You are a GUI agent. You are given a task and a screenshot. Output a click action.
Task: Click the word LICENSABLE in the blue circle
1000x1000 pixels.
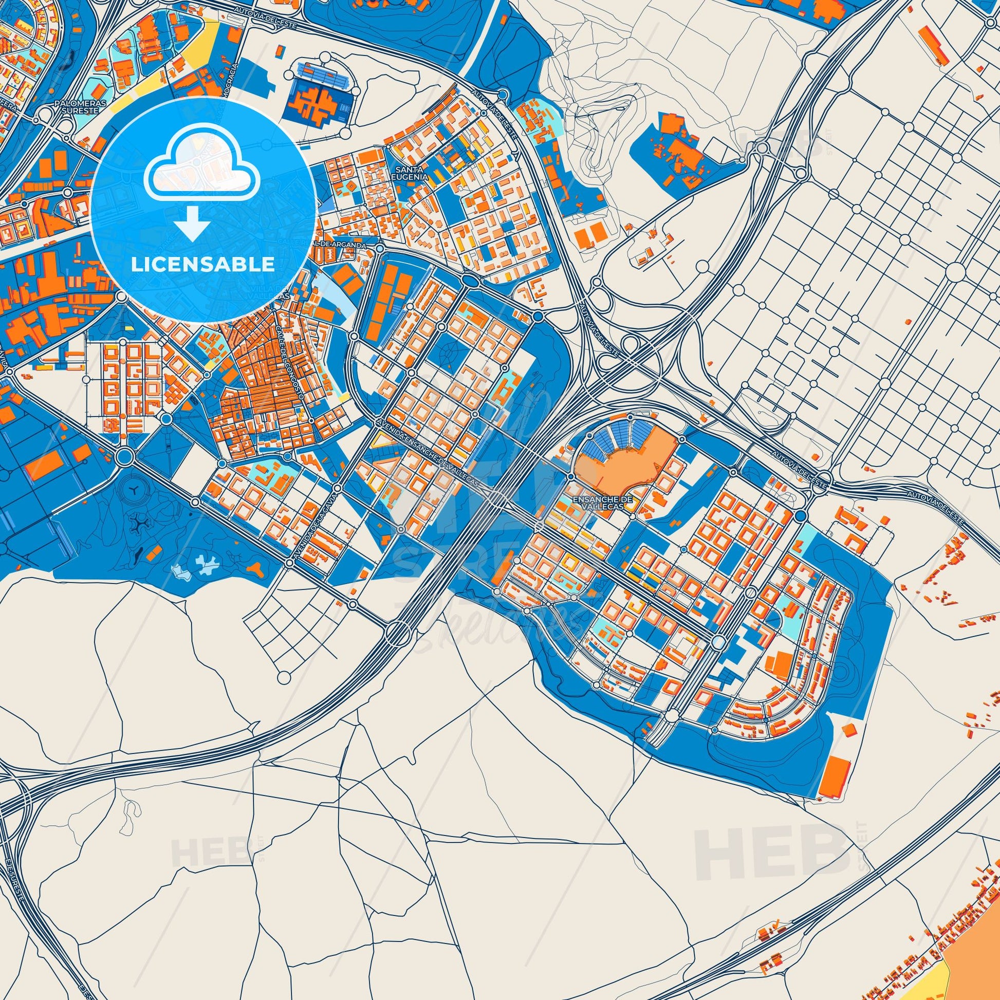(202, 264)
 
